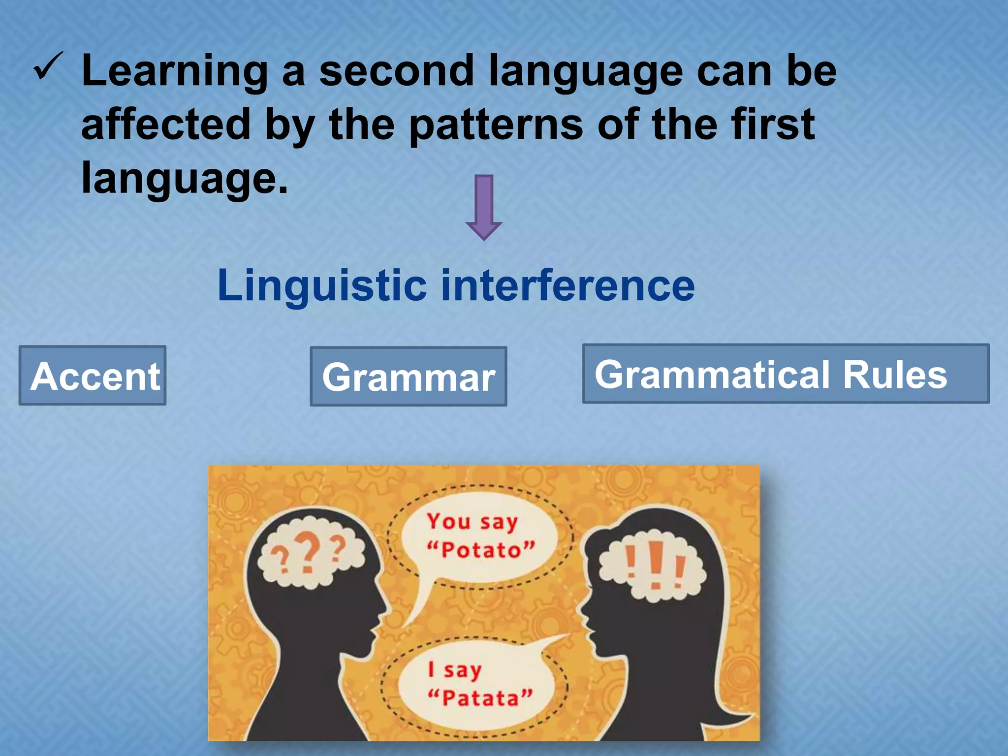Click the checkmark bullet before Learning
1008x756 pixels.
(x=48, y=67)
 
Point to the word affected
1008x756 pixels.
(x=166, y=124)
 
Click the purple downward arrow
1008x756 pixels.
(x=484, y=207)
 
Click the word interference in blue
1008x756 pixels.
(x=567, y=285)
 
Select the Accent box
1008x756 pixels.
(x=93, y=376)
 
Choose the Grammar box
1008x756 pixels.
(x=408, y=377)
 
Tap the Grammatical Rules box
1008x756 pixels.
(x=786, y=374)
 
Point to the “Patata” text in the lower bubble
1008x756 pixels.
(x=480, y=698)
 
